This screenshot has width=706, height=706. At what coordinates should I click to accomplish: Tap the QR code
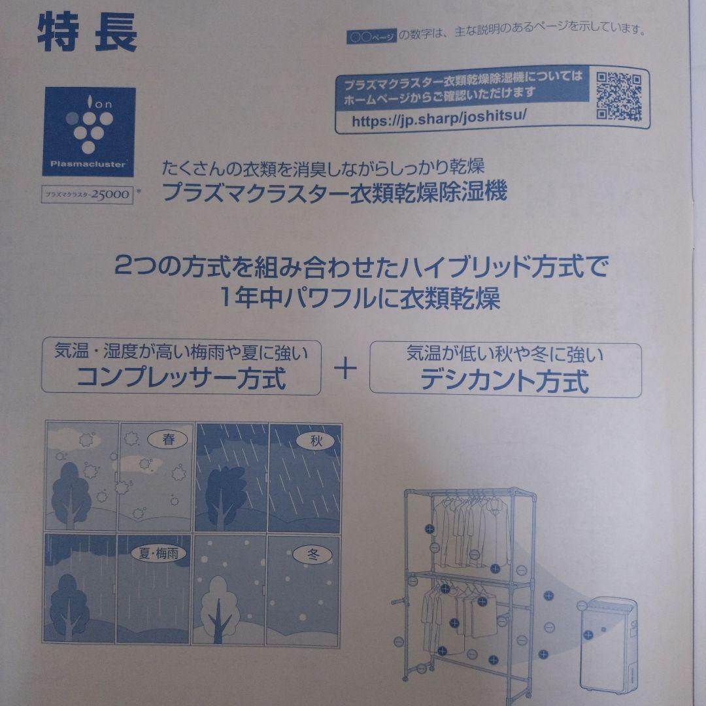point(618,97)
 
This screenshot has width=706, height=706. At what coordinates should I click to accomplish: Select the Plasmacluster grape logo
point(89,131)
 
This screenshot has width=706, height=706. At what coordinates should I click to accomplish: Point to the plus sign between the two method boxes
point(345,369)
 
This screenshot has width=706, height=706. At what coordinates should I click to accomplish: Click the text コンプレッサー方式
point(181,379)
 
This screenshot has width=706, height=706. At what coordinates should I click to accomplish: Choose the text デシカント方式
point(504,380)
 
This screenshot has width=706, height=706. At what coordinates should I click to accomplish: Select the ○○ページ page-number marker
point(371,37)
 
